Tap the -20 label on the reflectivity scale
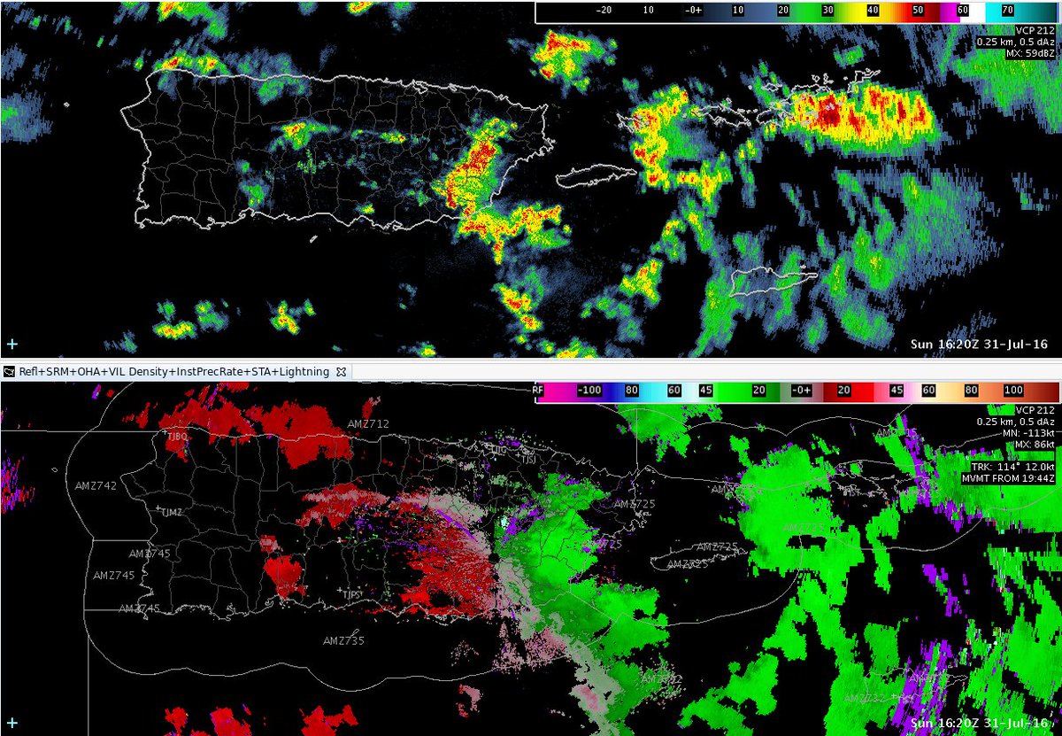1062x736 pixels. (605, 12)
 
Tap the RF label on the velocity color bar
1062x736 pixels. (538, 390)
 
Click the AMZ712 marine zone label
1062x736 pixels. (368, 424)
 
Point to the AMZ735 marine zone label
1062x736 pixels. (343, 640)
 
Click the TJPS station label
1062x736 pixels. (352, 593)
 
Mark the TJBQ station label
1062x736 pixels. (177, 437)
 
